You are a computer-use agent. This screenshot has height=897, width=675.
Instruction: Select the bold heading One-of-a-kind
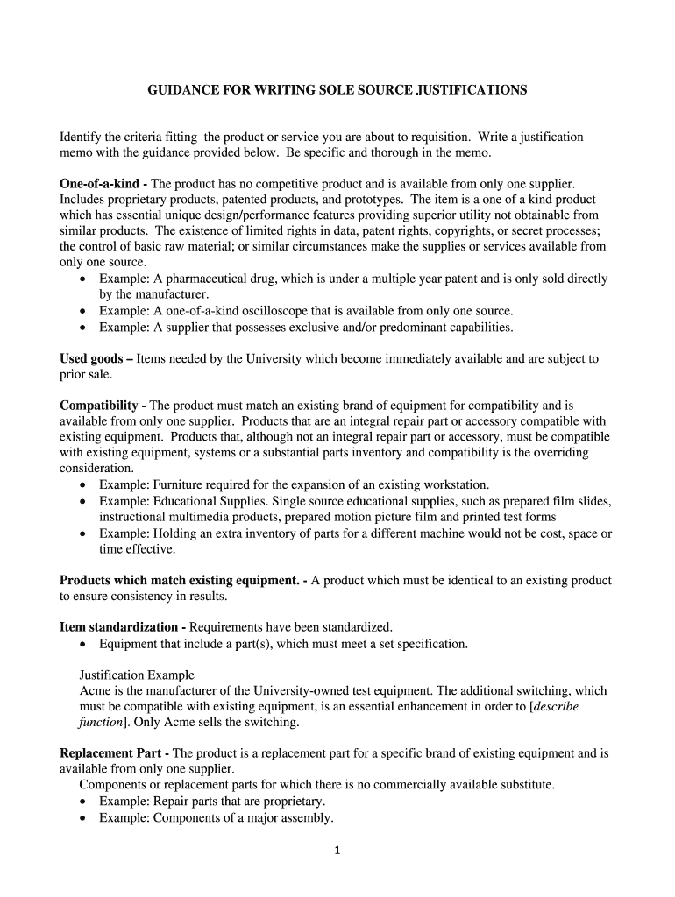pos(99,183)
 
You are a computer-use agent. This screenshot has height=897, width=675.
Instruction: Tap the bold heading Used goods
pos(90,358)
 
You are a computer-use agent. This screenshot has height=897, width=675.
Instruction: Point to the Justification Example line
pos(137,675)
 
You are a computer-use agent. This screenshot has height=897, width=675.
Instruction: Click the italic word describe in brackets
pos(556,706)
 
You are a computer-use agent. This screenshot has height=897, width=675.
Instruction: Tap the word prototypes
pos(358,199)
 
